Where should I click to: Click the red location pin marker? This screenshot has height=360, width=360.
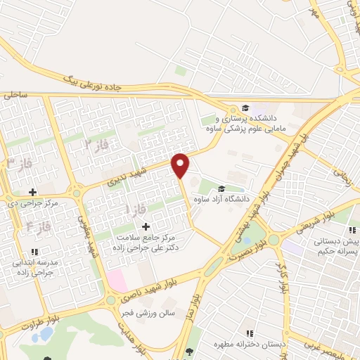181,166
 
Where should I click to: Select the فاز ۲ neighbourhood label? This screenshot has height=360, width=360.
98,143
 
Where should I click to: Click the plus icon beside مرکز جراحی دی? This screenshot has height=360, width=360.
32,191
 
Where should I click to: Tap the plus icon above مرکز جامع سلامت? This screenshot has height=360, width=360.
146,226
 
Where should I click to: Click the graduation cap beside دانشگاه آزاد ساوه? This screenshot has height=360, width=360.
222,188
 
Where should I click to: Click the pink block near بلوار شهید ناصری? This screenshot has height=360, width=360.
115,282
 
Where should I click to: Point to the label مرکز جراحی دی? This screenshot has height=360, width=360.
32,203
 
